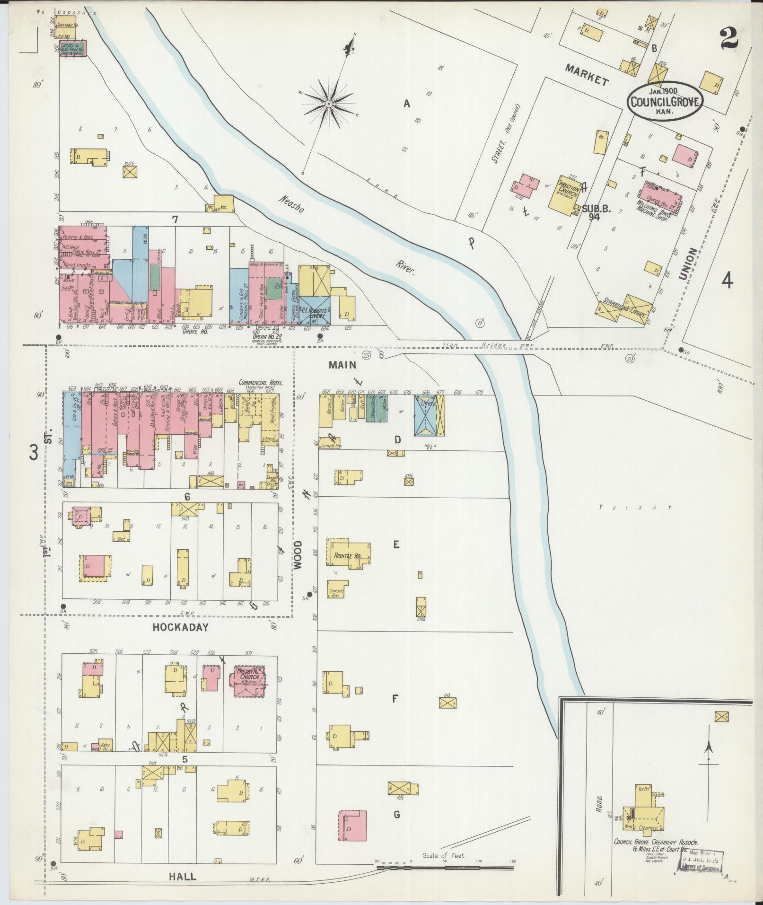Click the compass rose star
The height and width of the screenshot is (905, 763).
(328, 104)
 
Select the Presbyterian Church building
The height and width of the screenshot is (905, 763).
(249, 682)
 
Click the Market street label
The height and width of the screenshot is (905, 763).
(587, 75)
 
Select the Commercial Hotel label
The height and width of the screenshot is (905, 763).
(261, 382)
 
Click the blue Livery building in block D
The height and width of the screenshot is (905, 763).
(425, 415)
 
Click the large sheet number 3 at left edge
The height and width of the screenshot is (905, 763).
(33, 451)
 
